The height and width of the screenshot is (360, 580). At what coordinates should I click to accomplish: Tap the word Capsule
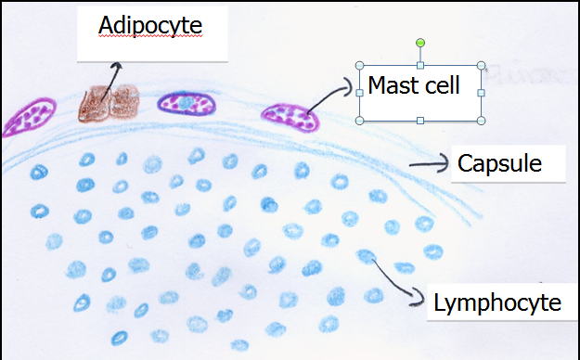click(x=499, y=164)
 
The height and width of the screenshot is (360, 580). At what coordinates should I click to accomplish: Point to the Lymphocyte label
click(x=497, y=302)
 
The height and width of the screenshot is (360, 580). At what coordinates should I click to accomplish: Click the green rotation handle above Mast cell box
click(x=420, y=43)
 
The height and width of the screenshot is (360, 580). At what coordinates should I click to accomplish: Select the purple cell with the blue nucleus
click(x=187, y=104)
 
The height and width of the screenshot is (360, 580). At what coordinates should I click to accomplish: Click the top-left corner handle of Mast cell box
click(x=360, y=66)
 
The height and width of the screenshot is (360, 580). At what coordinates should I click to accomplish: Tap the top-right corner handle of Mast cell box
click(x=481, y=66)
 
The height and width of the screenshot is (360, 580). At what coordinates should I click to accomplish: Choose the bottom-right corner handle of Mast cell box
click(x=481, y=121)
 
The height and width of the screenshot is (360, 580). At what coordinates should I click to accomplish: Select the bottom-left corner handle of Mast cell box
click(x=360, y=121)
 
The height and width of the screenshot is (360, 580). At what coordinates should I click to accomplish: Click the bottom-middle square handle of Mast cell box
click(x=420, y=121)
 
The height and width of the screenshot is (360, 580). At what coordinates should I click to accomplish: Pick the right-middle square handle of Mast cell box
click(x=481, y=93)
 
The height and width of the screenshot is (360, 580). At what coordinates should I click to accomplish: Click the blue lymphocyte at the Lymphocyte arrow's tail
click(x=367, y=255)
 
